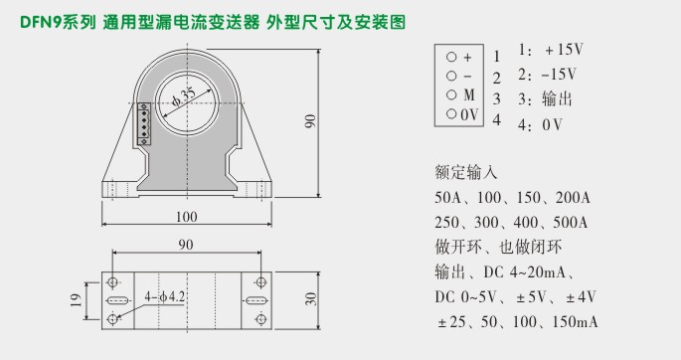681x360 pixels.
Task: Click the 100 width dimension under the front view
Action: pos(186,216)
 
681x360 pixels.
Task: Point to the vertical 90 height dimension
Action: pos(310,120)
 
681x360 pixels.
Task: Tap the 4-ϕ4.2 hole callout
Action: pos(164,296)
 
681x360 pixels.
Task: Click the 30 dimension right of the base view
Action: pos(310,298)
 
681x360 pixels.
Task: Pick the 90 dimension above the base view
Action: pos(186,244)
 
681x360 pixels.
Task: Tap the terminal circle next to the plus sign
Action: pos(450,57)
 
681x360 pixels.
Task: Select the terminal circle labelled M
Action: pos(450,95)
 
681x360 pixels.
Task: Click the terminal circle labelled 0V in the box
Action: pos(450,115)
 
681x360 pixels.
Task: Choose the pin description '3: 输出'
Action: pos(545,99)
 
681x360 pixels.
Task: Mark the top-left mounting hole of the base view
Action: pos(115,279)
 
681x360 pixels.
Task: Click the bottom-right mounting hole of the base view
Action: pos(261,317)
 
